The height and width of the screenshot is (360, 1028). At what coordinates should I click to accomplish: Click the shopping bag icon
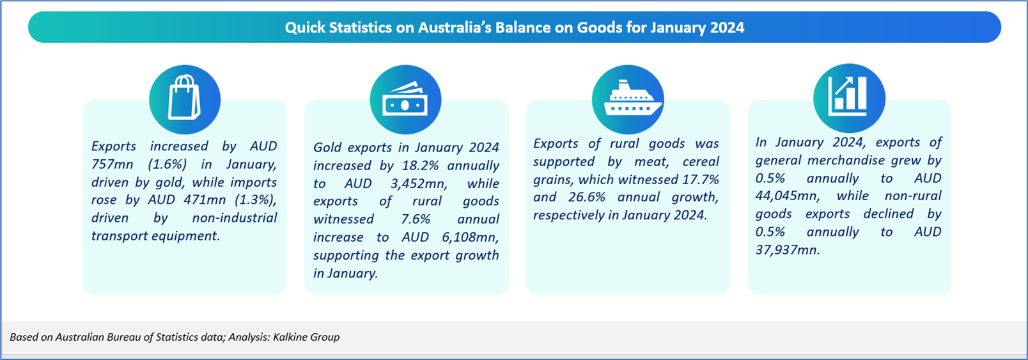[x=185, y=97]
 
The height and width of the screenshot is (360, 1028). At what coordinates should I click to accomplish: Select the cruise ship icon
[x=632, y=98]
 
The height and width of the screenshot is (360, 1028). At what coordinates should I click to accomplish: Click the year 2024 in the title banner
[x=728, y=27]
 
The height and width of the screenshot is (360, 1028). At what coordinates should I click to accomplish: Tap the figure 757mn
[x=113, y=164]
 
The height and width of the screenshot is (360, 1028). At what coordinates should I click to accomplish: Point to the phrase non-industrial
[x=235, y=217]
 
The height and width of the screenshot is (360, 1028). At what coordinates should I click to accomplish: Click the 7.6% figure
[x=416, y=219]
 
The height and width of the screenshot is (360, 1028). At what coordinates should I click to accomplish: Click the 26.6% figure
[x=586, y=197]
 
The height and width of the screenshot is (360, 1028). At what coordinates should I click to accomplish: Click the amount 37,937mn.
[x=788, y=250]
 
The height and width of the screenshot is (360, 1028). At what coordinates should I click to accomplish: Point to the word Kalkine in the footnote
[x=290, y=337]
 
